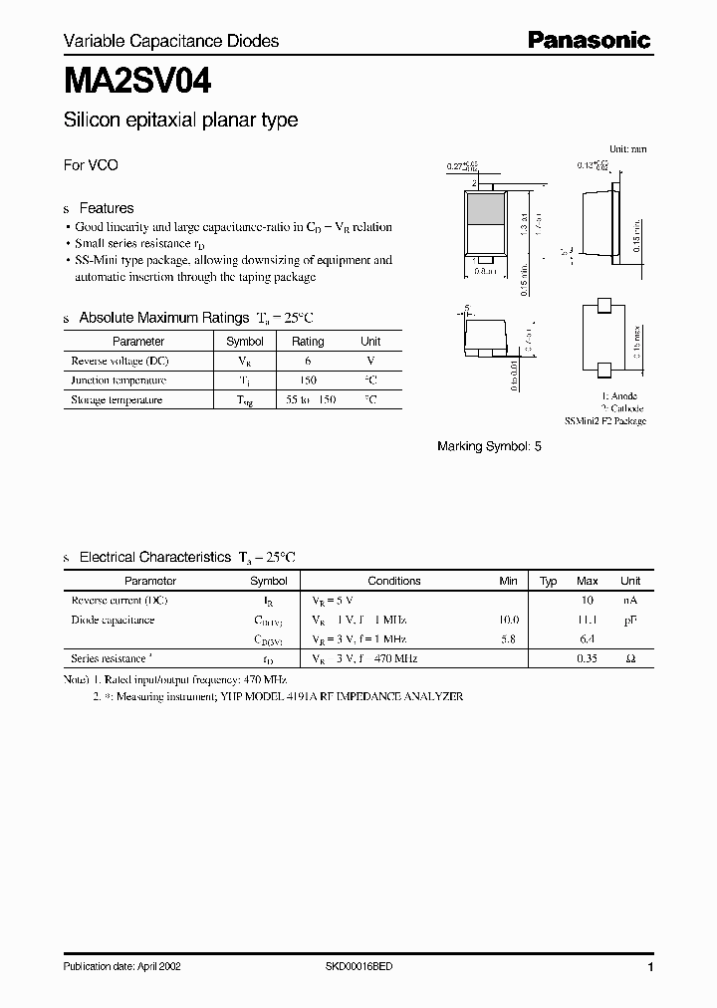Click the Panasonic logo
coord(589,40)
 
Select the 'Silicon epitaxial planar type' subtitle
coord(180,121)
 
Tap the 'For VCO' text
coord(91,165)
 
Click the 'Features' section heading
coord(106,208)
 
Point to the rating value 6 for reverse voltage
coord(307,361)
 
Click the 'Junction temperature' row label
coord(119,380)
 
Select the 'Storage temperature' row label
coord(117,400)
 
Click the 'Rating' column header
coord(307,341)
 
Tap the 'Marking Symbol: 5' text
coord(489,446)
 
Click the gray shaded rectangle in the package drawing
coord(485,210)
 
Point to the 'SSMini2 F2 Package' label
coord(605,421)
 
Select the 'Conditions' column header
coord(393,581)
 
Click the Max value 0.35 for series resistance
coord(588,659)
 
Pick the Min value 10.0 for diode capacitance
coord(509,620)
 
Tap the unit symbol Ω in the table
coord(630,659)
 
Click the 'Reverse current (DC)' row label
coord(119,601)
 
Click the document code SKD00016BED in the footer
coord(359,967)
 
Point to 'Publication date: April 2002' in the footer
coord(121,967)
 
